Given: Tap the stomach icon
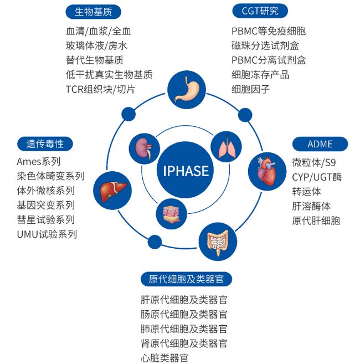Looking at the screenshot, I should [x=186, y=90].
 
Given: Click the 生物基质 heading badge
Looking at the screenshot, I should [x=93, y=11].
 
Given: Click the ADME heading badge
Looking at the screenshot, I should [x=320, y=144].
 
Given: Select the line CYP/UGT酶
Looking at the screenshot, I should [x=317, y=177].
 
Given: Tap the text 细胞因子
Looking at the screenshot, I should [x=250, y=89].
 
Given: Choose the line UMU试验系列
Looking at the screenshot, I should [x=47, y=234].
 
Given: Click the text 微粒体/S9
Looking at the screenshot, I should [x=314, y=162].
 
